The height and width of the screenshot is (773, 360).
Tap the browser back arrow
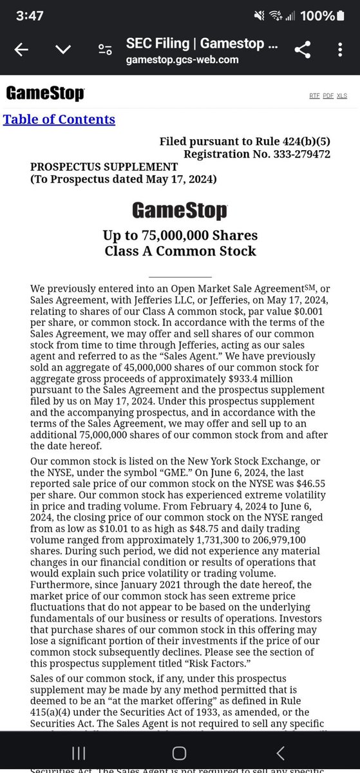pos(21,51)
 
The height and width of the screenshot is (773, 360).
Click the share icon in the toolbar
pos(302,51)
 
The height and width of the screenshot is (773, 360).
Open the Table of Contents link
pos(59,119)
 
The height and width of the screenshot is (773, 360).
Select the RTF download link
pos(314,95)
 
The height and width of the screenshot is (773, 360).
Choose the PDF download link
pos(328,95)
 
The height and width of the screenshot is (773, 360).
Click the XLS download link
pos(341,95)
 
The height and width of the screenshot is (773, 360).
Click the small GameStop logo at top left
pos(45,94)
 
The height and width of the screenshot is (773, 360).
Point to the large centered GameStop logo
pos(180,211)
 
